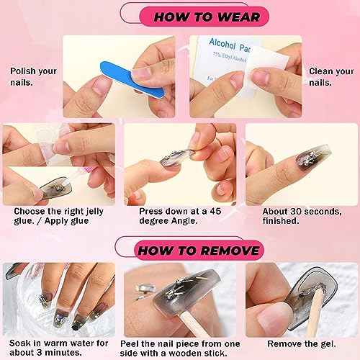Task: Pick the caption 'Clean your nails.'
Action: point(330,77)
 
